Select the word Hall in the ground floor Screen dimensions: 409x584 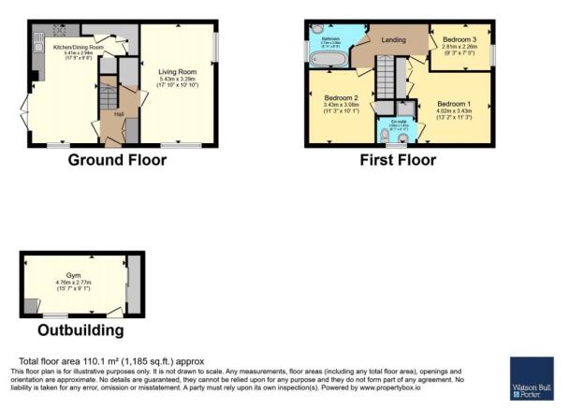point(119,114)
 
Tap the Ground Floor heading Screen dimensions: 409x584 point(117,160)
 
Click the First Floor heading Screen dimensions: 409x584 point(398,160)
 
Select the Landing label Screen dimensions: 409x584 point(392,39)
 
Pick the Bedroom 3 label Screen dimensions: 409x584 point(460,39)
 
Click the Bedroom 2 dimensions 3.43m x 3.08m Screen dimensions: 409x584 point(342,105)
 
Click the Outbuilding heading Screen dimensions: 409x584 point(80,330)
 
